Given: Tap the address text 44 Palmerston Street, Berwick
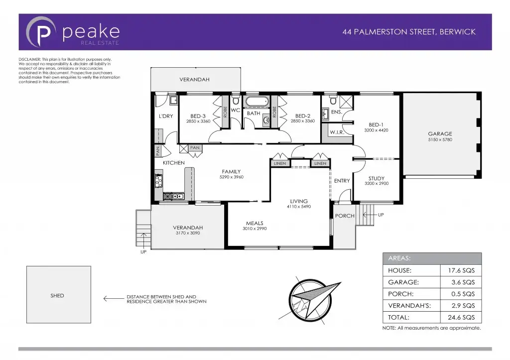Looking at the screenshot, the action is point(409,32).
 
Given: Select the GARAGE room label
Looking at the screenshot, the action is point(440,133).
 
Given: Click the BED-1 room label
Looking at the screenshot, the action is point(376,124).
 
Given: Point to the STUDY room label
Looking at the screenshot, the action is point(376,178).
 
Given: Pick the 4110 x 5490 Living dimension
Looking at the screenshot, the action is point(299,206).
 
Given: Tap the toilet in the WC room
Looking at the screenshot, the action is point(236,101).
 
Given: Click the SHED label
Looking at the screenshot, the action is point(57,295).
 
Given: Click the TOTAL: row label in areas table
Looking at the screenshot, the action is point(399,317).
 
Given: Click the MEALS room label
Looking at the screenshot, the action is point(255,223).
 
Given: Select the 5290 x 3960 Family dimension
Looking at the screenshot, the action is point(232,177).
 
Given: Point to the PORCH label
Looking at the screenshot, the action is point(344,216).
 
